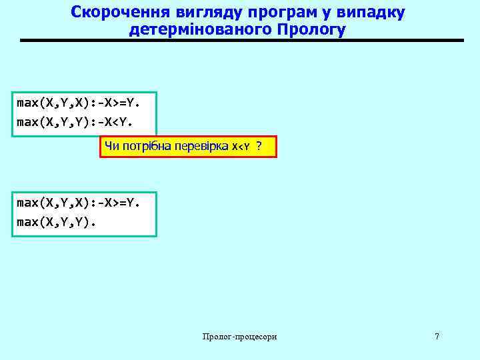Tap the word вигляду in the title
pos(186,13)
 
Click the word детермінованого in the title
pos(204,30)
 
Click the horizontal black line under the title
pos(241,41)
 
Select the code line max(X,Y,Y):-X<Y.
pos(75,122)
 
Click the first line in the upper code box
pos(77,103)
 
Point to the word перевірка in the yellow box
pos(201,147)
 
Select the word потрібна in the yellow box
pos(144,147)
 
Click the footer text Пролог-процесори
pos(240,337)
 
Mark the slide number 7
pos(437,337)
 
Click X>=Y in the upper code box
pos(121,103)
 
